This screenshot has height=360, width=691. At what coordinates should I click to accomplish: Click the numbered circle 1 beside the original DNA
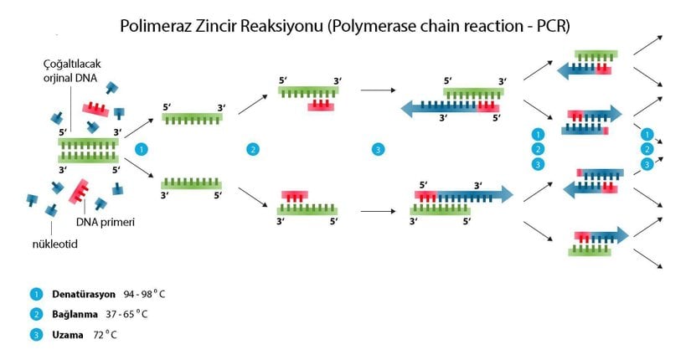coord(142,149)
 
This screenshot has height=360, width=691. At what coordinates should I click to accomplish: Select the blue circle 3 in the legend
coord(36,335)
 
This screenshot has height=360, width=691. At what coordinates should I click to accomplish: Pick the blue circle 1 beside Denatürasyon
coord(36,295)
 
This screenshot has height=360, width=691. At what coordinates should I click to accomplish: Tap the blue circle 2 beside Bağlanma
coord(36,315)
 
